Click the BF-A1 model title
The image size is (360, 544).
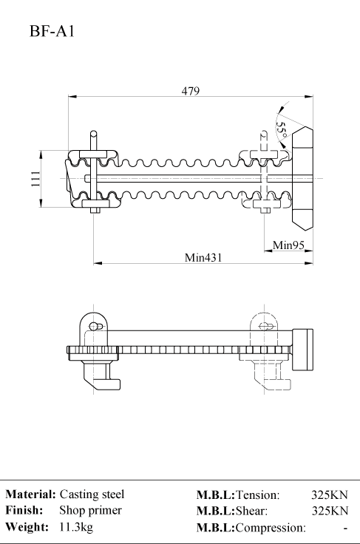[x=52, y=31]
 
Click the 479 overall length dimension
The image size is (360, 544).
[x=191, y=91]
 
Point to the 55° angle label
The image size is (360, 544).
[x=282, y=129]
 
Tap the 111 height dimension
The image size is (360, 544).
[x=35, y=179]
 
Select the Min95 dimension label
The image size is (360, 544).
[x=288, y=245]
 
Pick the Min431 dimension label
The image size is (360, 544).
[x=203, y=258]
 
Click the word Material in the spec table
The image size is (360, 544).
[x=30, y=494]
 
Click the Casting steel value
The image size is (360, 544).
[x=92, y=494]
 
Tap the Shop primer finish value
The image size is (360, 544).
[x=90, y=510]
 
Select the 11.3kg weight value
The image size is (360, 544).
[x=76, y=527]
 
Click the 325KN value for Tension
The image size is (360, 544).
[x=329, y=494]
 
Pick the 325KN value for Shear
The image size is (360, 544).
[x=330, y=511]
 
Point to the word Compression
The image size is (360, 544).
[x=270, y=528]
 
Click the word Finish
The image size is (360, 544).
[x=24, y=510]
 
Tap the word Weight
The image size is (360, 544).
[x=27, y=527]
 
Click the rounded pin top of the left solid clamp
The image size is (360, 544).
[x=93, y=134]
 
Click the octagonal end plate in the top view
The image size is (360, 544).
[x=302, y=178]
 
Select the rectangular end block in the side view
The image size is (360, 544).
[x=302, y=350]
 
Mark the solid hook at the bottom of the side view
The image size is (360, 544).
[x=101, y=376]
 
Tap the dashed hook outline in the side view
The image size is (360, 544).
[x=272, y=376]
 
